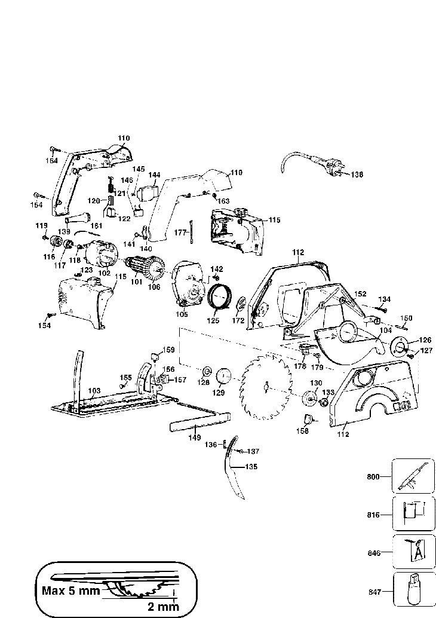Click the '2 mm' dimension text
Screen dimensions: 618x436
[x=163, y=606]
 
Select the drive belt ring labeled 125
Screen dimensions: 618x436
[x=219, y=295]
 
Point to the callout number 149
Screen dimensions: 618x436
[x=195, y=438]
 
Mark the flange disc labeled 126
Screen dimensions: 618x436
[x=400, y=345]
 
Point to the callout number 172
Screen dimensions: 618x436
[x=239, y=321]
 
